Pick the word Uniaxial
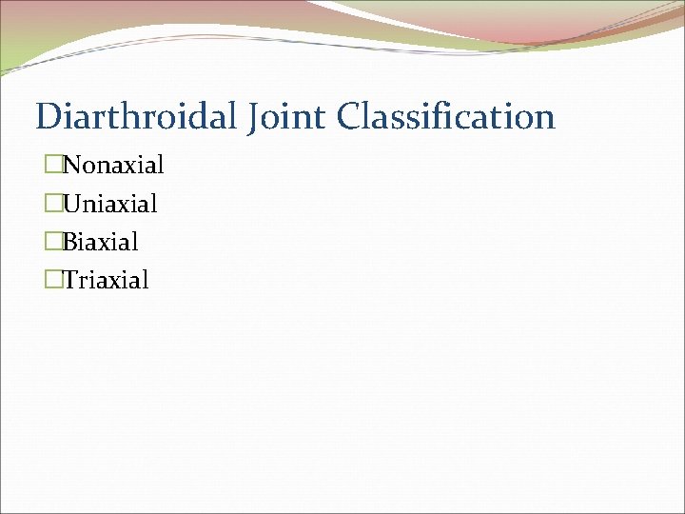point(110,204)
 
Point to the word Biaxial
point(101,242)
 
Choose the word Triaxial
point(107,280)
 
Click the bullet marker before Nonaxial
point(51,166)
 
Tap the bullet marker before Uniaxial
point(51,204)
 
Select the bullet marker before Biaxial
point(51,242)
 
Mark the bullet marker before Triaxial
point(51,280)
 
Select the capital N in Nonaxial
point(71,166)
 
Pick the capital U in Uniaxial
point(71,204)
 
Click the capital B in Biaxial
point(69,242)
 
